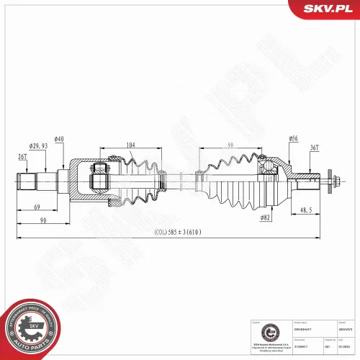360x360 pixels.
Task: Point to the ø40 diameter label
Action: pos(59,139)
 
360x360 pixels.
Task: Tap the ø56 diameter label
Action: pos(294,138)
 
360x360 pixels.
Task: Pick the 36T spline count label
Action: pos(314,148)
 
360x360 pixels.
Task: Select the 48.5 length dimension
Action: pos(307,211)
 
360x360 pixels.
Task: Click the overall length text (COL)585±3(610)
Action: pos(179,233)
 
